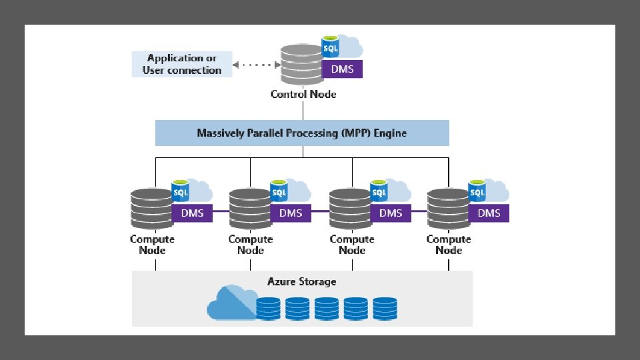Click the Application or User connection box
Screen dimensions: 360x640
click(182, 64)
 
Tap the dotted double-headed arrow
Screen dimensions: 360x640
click(256, 65)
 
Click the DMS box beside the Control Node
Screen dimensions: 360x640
click(342, 69)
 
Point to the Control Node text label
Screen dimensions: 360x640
click(303, 94)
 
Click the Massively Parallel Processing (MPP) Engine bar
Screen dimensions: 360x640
click(302, 133)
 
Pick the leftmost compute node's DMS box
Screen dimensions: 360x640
click(192, 213)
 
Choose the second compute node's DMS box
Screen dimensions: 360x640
click(291, 213)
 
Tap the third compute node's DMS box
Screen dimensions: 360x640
click(391, 213)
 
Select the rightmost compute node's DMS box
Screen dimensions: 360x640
click(489, 213)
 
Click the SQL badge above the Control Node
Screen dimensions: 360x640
click(330, 48)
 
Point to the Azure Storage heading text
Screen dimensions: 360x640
click(302, 281)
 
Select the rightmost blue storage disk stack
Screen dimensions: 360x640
click(385, 308)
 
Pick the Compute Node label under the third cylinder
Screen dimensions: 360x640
click(351, 245)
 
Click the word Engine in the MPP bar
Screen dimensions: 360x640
click(389, 133)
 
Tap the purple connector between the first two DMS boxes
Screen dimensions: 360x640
click(221, 211)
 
